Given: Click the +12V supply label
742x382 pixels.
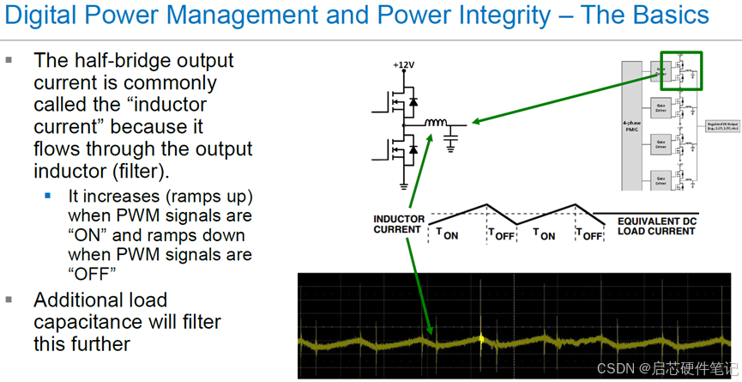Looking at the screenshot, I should coord(403,64).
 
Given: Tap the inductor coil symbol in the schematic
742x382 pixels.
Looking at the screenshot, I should coord(435,124).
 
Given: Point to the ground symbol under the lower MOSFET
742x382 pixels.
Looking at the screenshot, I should coord(403,185).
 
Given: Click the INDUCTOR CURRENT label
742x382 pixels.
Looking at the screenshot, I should coord(398,224).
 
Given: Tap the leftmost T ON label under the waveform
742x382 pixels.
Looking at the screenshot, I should coord(447,233).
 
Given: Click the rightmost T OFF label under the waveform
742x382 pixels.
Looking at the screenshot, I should coord(588,233).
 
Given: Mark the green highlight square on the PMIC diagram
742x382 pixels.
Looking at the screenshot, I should coord(681,71).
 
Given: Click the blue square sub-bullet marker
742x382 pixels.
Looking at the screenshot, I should coord(48,196).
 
